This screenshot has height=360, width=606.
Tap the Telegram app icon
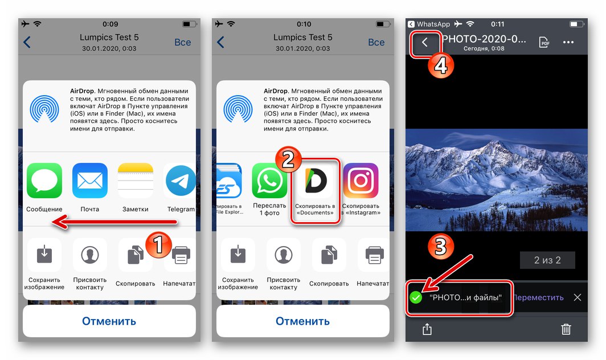coord(181,181)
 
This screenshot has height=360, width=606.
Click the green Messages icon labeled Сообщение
coord(44,181)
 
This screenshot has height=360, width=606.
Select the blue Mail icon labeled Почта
coord(89,181)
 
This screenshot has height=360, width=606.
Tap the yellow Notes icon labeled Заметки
coord(136,181)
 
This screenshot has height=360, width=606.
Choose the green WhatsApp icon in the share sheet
coord(269,181)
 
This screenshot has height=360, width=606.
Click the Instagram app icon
coord(361,181)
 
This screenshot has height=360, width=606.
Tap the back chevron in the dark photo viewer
coord(424,43)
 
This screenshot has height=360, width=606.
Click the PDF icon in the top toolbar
coord(544,43)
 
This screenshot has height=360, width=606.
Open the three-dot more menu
coord(568,43)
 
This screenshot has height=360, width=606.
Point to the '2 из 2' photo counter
coord(547,260)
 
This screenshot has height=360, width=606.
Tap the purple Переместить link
coord(538,297)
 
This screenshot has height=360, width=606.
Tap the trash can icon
coord(566,329)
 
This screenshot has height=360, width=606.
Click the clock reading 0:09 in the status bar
coord(110,24)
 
